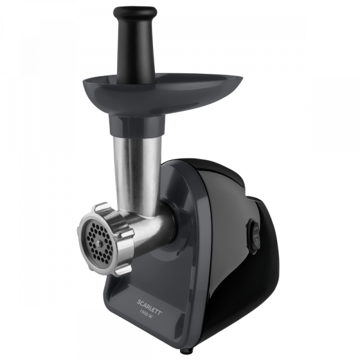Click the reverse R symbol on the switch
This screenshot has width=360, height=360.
coord(257,242)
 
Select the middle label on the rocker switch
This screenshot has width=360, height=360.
coord(256,235)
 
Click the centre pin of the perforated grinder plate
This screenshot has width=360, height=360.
coord(99,243)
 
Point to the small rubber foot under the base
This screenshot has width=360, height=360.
coord(183,351)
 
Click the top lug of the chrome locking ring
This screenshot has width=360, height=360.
coord(101,207)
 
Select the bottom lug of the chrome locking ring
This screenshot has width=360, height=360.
coord(123,270)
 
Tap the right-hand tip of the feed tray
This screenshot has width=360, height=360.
coord(242,79)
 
